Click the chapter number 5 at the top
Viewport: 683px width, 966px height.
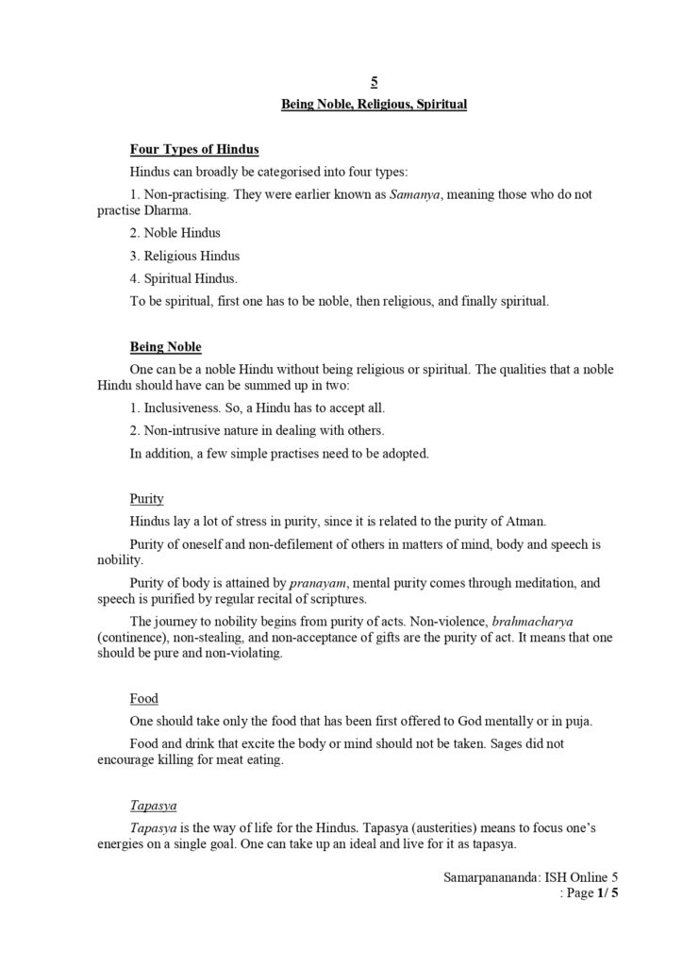pyautogui.click(x=375, y=83)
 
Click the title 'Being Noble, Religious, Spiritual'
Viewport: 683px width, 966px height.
pyautogui.click(x=375, y=105)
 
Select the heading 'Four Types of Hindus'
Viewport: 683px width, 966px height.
pyautogui.click(x=194, y=149)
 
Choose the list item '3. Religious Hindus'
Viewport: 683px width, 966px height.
pyautogui.click(x=184, y=256)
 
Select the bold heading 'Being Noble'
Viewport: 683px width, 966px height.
pyautogui.click(x=165, y=347)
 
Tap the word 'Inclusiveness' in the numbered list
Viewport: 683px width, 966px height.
pyautogui.click(x=185, y=408)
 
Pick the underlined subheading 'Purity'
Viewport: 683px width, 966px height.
pyautogui.click(x=146, y=498)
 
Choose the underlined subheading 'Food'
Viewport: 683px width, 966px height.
pyautogui.click(x=143, y=699)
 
